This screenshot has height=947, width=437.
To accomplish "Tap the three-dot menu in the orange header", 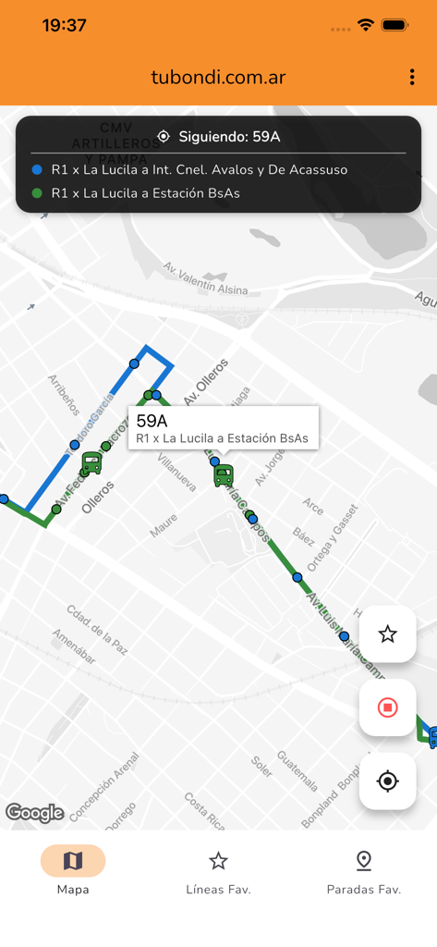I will [411, 78].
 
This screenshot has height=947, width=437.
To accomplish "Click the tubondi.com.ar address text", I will [218, 78].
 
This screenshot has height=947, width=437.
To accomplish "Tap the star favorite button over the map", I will [387, 633].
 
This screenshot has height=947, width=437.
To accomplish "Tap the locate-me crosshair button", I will [387, 781].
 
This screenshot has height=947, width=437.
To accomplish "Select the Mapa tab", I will [73, 870].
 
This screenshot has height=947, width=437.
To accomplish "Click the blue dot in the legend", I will [37, 170].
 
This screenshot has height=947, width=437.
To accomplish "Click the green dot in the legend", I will [37, 193].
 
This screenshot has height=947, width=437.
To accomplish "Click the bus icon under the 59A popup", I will [224, 475].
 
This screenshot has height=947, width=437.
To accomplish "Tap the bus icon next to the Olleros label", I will [91, 463].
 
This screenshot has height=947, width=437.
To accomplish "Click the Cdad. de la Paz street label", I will [96, 630].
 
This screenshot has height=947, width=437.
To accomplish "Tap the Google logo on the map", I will [35, 813].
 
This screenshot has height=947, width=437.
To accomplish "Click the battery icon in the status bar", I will [395, 25].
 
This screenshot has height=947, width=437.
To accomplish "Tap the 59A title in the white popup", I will [152, 421].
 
